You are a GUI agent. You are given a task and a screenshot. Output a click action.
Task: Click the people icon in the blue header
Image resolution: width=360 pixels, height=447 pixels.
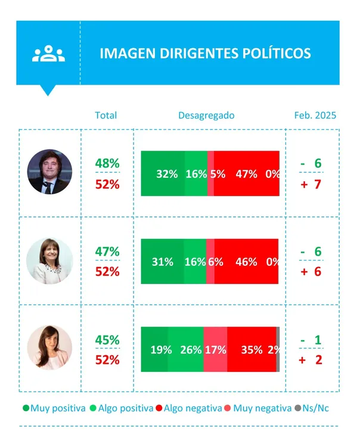pos(49,54)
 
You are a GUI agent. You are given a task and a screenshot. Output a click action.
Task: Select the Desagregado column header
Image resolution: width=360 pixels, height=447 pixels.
pos(206,115)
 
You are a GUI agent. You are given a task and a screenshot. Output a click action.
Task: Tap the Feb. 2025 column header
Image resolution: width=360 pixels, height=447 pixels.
pos(315,115)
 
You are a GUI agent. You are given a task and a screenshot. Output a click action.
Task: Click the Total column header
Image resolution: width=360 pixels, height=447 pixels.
pos(106,115)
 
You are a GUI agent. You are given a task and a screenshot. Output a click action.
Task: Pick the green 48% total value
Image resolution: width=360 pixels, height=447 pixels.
pos(107,163)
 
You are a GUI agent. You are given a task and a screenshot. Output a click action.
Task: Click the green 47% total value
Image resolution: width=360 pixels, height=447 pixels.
pos(107,252)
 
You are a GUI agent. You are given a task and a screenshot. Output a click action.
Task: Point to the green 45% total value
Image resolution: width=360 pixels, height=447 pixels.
pos(107,340)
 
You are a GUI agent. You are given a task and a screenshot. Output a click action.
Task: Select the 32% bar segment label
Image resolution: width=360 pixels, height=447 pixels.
pos(167,174)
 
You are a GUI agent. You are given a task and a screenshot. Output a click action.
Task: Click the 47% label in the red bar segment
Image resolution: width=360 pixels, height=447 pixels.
pos(246,174)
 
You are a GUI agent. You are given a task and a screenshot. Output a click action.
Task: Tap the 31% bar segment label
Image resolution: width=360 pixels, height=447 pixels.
pos(163,262)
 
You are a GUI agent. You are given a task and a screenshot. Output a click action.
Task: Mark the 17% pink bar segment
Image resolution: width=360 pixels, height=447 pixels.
pos(215,350)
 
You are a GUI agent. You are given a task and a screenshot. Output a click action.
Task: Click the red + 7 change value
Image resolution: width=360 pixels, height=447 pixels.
pos(311,184)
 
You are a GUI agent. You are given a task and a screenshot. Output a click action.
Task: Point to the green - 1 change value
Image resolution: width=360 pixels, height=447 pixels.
pos(311,340)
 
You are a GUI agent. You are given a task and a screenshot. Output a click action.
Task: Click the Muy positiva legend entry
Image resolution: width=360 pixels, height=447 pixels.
pos(54,408)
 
